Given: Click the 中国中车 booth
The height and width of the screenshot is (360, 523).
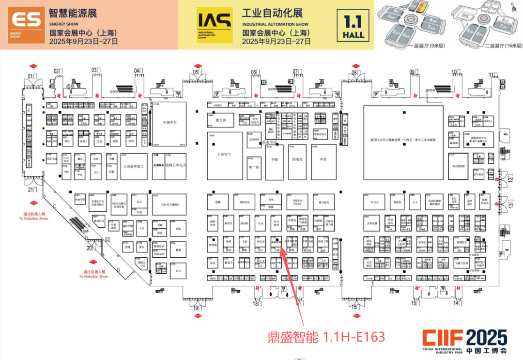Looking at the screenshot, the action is [x=169, y=123].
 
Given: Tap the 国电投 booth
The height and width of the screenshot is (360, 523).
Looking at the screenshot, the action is [x=297, y=158].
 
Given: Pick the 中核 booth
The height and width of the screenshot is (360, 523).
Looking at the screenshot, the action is [x=323, y=158].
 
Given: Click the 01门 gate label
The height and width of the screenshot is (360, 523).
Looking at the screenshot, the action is [x=32, y=76].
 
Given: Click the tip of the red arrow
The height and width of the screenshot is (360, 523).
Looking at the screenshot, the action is [x=282, y=243].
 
